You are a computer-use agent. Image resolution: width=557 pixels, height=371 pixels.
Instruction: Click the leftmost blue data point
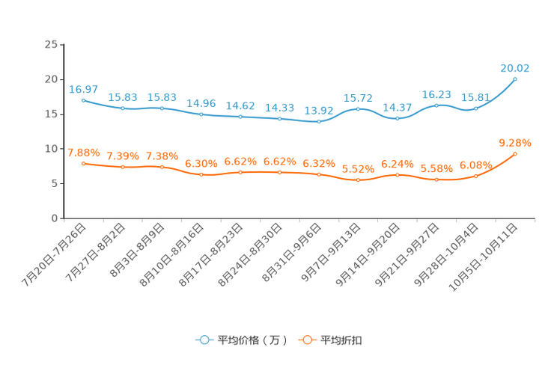[x=83, y=100]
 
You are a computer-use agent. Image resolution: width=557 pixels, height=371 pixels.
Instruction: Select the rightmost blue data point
[x=515, y=79]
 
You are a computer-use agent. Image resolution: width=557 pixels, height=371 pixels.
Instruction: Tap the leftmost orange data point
[x=83, y=163]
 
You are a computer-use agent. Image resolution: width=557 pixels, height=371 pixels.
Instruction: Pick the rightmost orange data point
[x=515, y=153]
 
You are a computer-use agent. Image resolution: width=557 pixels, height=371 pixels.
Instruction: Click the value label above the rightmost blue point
[x=515, y=68]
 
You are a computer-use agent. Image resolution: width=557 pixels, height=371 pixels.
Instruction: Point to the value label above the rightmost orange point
[x=515, y=143]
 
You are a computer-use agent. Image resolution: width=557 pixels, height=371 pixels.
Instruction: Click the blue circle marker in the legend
[x=203, y=340]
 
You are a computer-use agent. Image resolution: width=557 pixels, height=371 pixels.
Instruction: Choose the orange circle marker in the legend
[x=306, y=340]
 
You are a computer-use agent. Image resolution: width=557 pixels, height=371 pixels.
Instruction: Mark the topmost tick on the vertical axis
[x=61, y=45]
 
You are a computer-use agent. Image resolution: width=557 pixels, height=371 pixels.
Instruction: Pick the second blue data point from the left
[x=123, y=109]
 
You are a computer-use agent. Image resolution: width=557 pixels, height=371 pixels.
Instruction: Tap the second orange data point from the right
[x=475, y=176]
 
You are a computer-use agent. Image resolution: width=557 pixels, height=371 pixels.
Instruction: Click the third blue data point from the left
[x=162, y=108]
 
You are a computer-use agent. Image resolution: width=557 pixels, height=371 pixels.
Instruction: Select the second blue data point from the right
[x=475, y=108]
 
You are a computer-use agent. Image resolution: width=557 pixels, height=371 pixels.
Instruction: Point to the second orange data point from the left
[x=123, y=167]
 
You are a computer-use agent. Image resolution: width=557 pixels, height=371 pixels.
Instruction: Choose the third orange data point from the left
[x=162, y=167]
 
